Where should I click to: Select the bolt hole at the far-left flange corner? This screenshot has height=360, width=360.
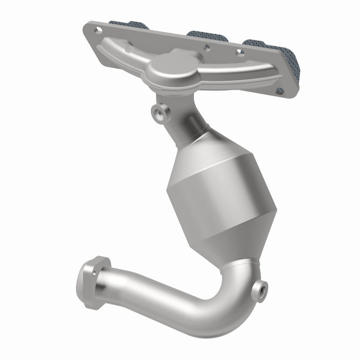pos(96,30)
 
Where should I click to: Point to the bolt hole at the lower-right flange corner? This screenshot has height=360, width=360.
pos(280,91)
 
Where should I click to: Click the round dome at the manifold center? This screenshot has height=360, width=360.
pos(170,64)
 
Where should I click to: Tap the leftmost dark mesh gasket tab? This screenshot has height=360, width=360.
pos(129,25)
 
